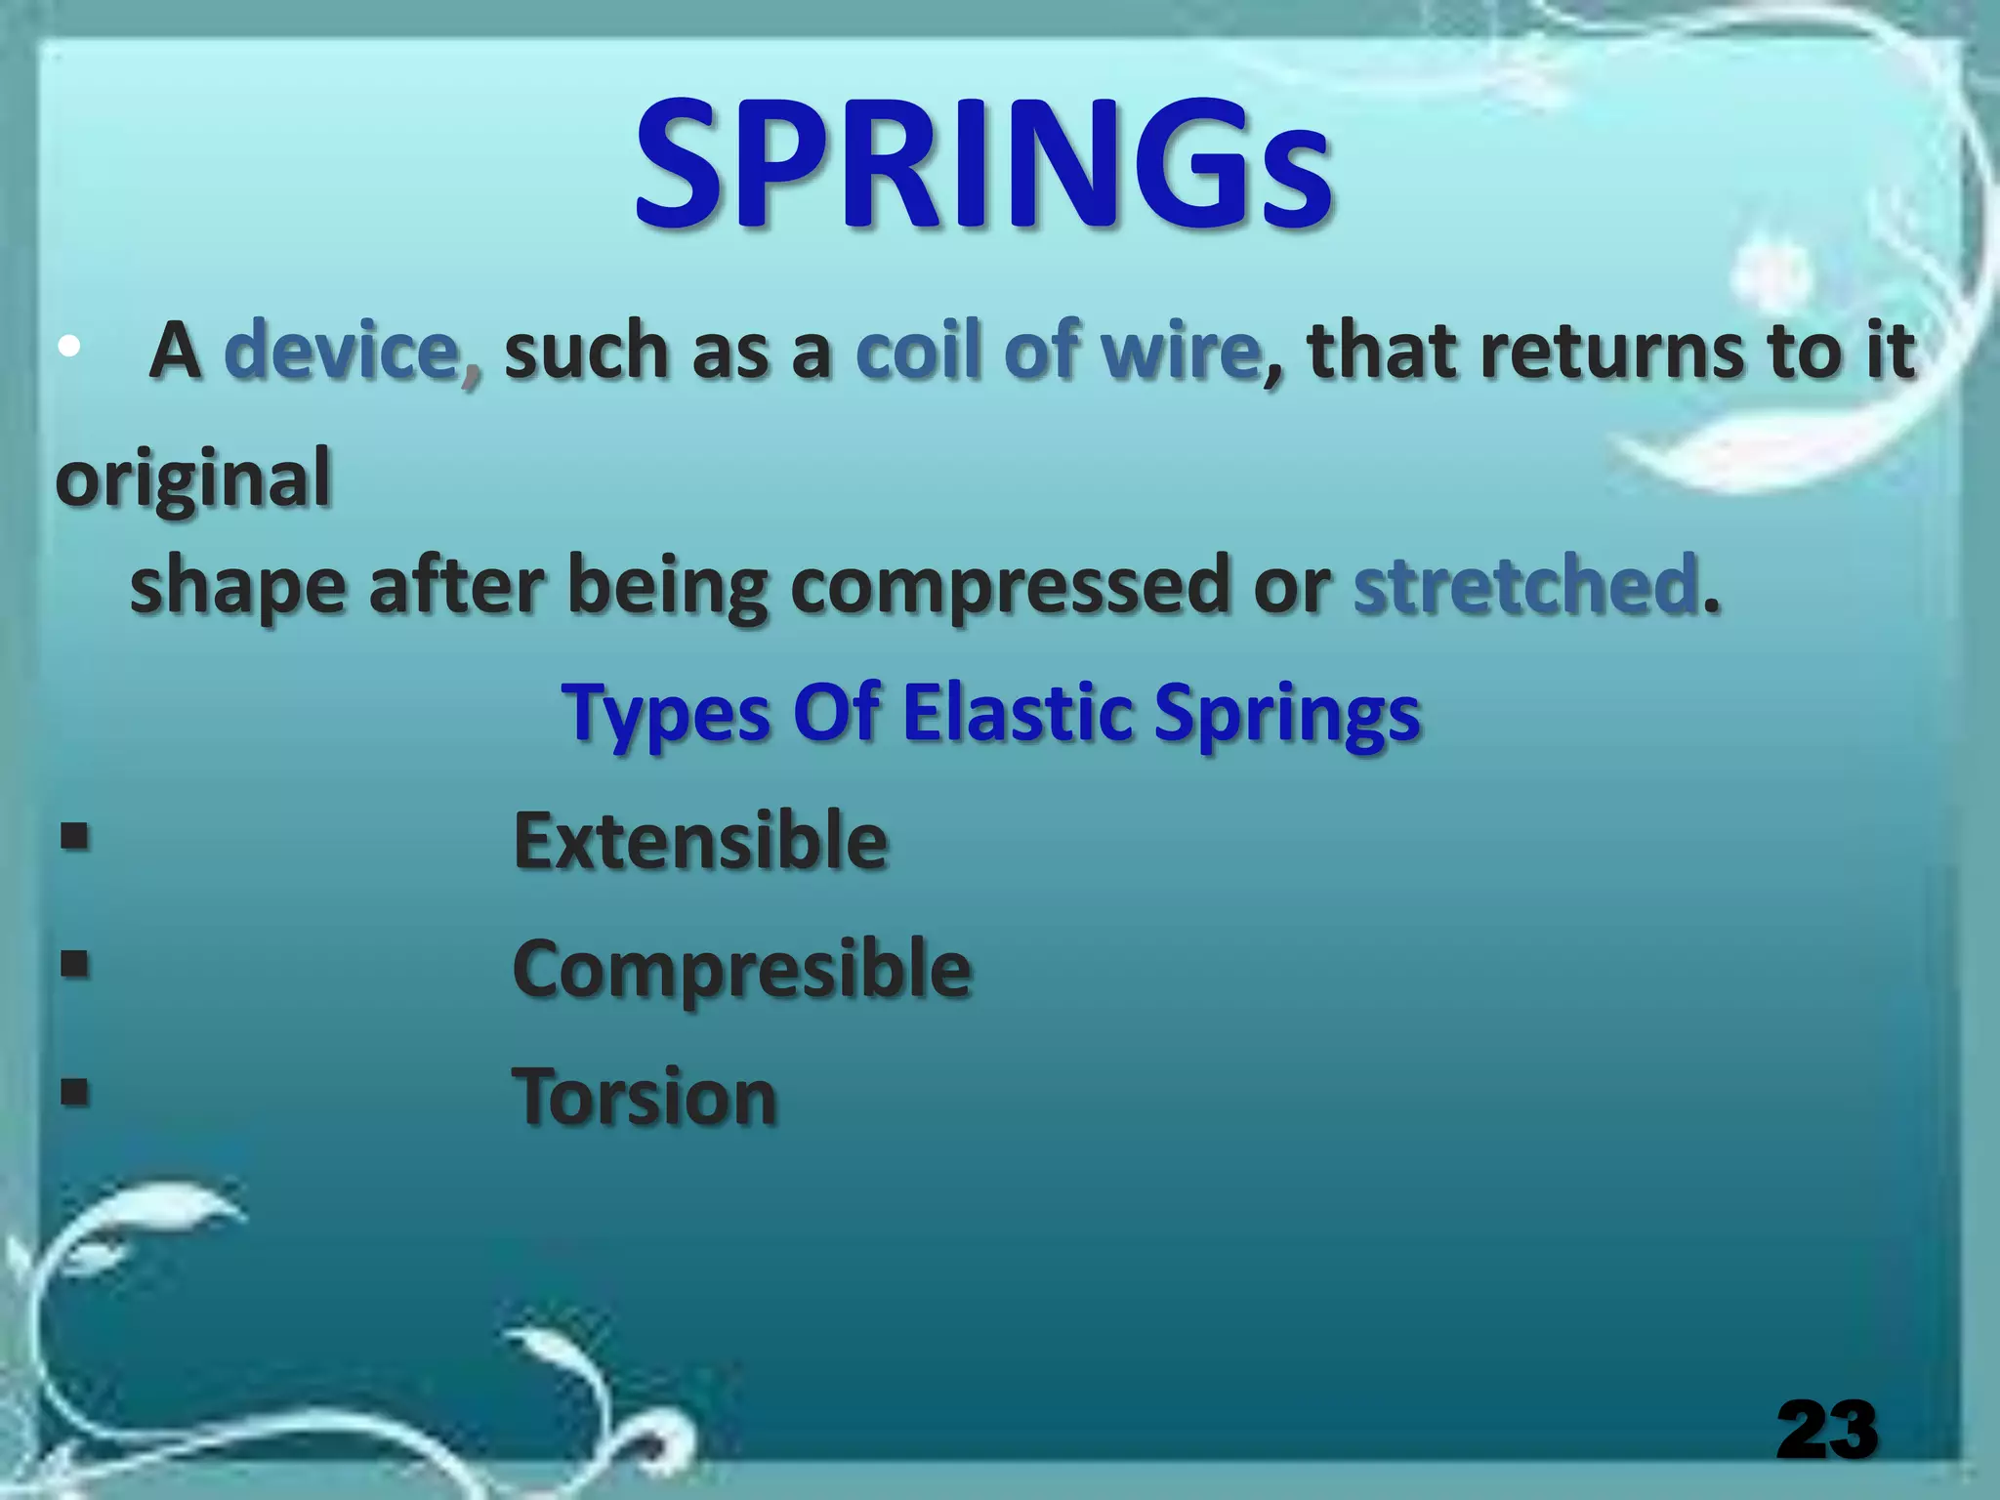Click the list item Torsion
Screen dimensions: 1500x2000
pyautogui.click(x=645, y=1097)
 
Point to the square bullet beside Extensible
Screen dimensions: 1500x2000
pyautogui.click(x=75, y=837)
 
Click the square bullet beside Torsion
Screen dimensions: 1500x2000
pyautogui.click(x=75, y=1091)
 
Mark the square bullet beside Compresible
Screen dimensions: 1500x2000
pyautogui.click(x=75, y=965)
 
